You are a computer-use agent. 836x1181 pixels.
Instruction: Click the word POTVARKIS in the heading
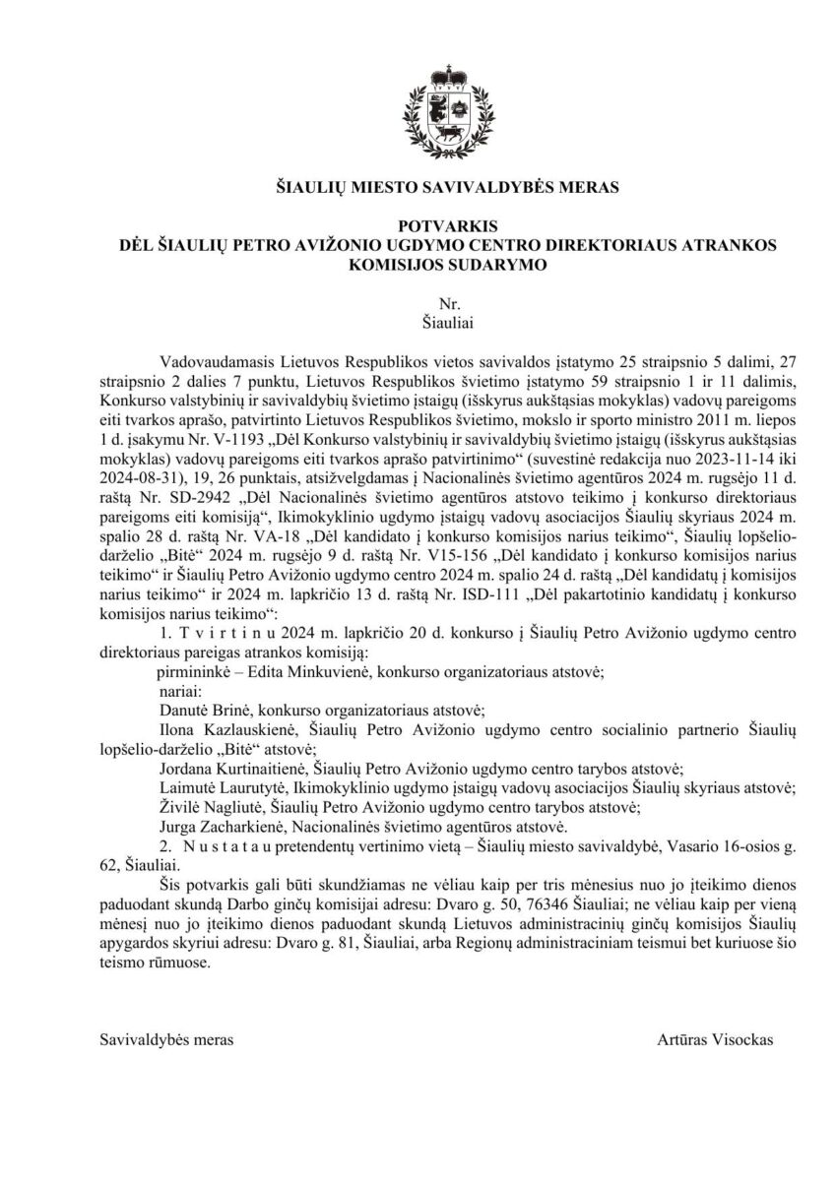418,226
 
